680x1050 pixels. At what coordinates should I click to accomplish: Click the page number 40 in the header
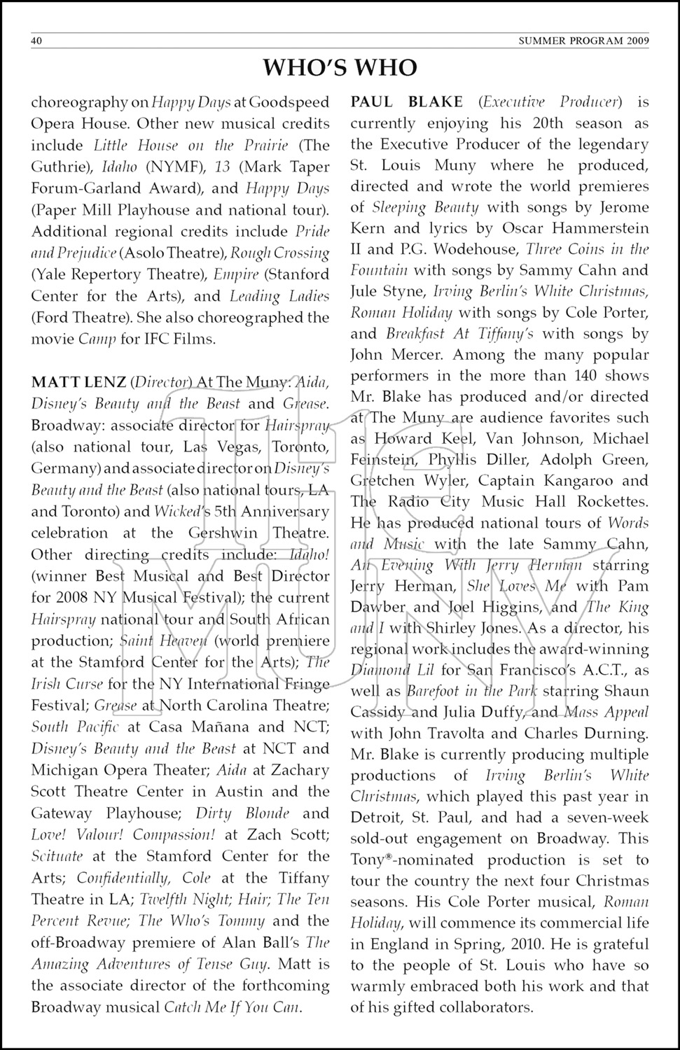point(37,41)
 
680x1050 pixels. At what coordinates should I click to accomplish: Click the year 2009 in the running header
point(637,41)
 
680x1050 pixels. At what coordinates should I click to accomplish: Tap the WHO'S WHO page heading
point(340,68)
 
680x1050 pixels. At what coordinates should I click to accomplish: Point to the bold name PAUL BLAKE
point(406,102)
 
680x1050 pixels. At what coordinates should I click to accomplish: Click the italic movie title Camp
point(97,339)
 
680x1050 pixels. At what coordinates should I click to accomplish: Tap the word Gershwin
point(228,533)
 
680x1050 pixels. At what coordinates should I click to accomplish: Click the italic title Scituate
point(57,856)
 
